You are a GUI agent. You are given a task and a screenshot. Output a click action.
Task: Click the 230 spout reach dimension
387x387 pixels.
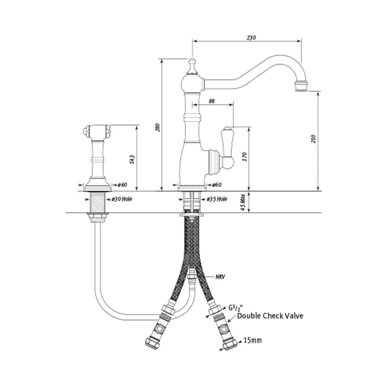[252, 38]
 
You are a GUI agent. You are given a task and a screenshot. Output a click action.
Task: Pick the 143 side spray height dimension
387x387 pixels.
[132, 159]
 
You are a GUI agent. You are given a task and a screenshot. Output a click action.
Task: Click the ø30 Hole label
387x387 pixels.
[123, 199]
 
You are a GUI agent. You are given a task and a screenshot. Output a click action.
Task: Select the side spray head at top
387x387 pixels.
[96, 133]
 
